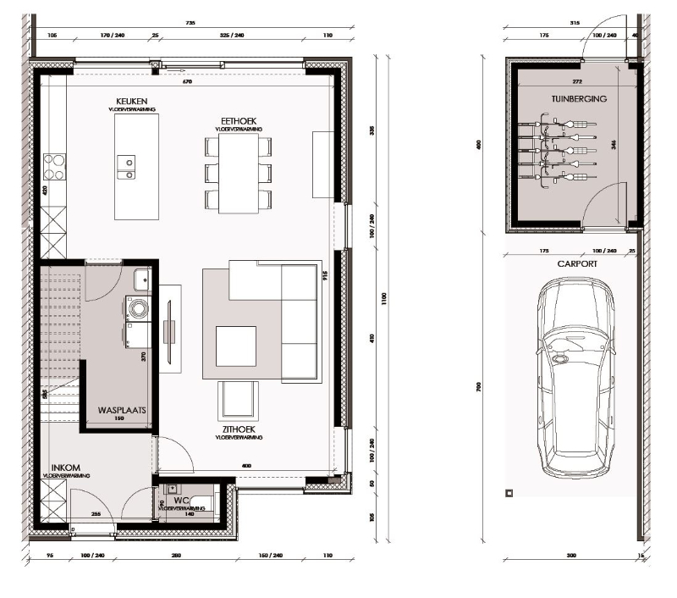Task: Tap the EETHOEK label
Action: coord(238,120)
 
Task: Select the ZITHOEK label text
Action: coord(238,430)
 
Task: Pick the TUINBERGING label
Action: coord(579,99)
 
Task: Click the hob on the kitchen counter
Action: coord(55,166)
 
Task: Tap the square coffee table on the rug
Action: coord(237,347)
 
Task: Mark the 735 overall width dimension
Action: coord(190,24)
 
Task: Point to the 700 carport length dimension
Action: coord(479,386)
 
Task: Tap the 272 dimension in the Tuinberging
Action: coord(576,82)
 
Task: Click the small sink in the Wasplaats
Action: coord(140,279)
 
